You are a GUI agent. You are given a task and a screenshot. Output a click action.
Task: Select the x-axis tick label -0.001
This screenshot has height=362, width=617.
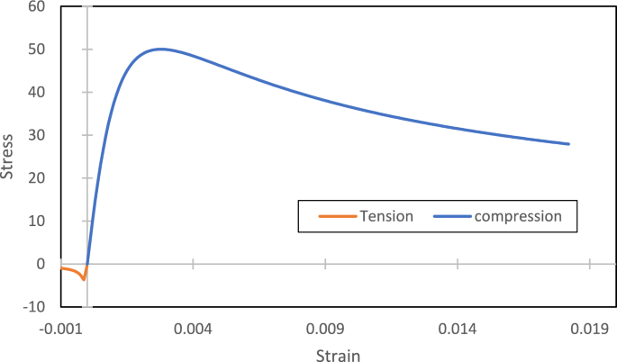pyautogui.click(x=62, y=329)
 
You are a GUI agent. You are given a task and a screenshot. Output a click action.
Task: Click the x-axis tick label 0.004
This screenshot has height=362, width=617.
pyautogui.click(x=193, y=329)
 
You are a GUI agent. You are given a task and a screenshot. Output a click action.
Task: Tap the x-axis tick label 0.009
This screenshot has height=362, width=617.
pyautogui.click(x=325, y=329)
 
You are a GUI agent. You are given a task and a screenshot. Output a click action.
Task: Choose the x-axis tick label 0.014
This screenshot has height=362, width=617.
pyautogui.click(x=458, y=329)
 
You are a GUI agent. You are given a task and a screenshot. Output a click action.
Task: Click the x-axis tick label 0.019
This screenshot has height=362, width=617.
pyautogui.click(x=589, y=329)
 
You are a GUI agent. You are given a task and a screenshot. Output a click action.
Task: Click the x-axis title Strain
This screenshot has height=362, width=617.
pyautogui.click(x=338, y=354)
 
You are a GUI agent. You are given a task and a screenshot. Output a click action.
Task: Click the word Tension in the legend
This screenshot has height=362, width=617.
pyautogui.click(x=386, y=216)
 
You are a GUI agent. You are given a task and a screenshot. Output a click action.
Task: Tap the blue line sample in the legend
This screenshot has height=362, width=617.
pyautogui.click(x=452, y=216)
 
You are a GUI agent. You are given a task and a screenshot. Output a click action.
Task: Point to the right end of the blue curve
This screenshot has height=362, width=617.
pyautogui.click(x=569, y=144)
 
